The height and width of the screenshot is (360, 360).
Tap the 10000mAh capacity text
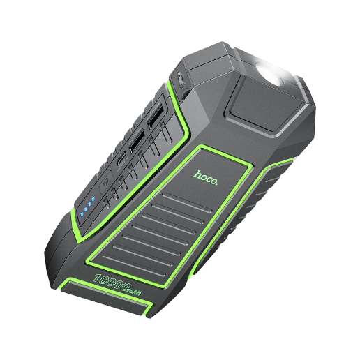[x=117, y=285]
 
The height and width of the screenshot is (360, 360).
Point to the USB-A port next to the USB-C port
[x=136, y=142]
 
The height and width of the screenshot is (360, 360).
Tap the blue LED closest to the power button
[x=93, y=199]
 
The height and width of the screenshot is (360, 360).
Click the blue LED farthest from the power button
[x=82, y=214]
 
